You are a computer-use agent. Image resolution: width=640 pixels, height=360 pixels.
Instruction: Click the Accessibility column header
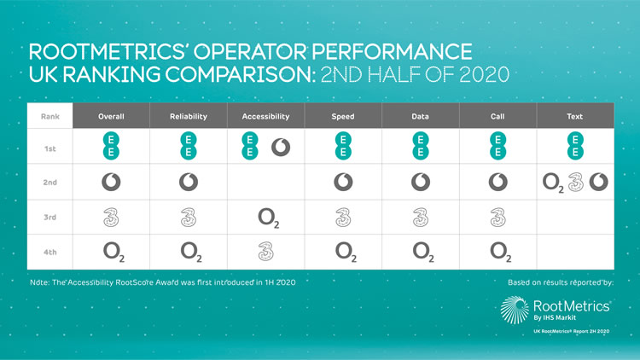point(265,116)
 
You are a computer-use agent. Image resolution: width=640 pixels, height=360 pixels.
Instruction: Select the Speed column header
point(342,116)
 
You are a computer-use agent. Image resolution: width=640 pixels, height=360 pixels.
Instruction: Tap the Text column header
point(574,116)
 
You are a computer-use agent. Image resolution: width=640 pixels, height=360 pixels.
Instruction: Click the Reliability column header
point(188,116)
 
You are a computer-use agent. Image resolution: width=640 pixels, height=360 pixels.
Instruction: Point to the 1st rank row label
point(50,148)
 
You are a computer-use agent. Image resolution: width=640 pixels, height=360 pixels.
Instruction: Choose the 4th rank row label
point(50,251)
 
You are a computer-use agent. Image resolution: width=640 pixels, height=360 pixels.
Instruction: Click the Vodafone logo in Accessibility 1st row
point(280,147)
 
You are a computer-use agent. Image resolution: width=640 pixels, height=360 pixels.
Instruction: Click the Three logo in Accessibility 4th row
point(265,251)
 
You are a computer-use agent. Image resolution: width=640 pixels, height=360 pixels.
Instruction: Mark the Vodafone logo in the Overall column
point(110,183)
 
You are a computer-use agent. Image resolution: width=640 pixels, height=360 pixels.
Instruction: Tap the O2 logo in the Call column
point(497,252)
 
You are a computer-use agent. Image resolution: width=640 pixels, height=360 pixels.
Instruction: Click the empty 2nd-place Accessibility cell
point(265,183)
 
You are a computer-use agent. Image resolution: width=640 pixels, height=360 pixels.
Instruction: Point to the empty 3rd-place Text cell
point(574,217)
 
